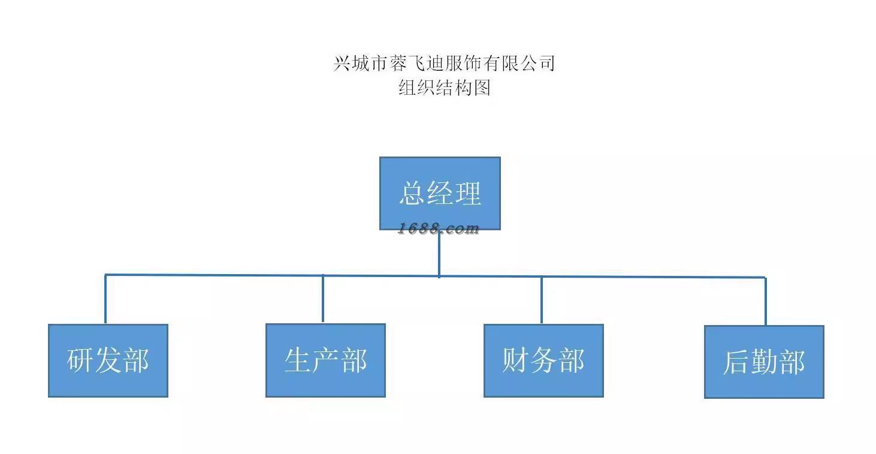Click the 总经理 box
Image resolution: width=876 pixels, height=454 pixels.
[x=440, y=193]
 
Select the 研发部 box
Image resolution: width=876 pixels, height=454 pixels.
[x=108, y=360]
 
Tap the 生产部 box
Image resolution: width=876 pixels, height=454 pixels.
[x=325, y=360]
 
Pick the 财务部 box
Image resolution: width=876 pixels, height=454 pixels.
[x=543, y=360]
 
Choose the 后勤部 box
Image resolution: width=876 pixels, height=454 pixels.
[x=764, y=362]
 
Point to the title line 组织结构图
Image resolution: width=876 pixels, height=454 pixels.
[x=445, y=88]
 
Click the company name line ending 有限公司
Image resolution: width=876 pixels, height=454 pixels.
[x=445, y=63]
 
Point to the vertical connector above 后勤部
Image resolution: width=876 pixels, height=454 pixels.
[x=765, y=302]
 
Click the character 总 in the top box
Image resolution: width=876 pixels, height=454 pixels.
[x=412, y=194]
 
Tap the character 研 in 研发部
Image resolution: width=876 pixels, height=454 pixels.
[x=80, y=360]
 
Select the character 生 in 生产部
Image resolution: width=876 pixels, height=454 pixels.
[x=298, y=360]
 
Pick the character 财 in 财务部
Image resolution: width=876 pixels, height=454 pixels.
[x=516, y=360]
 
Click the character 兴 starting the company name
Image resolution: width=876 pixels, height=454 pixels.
[x=342, y=63]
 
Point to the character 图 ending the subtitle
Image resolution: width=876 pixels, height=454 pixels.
[x=482, y=88]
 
